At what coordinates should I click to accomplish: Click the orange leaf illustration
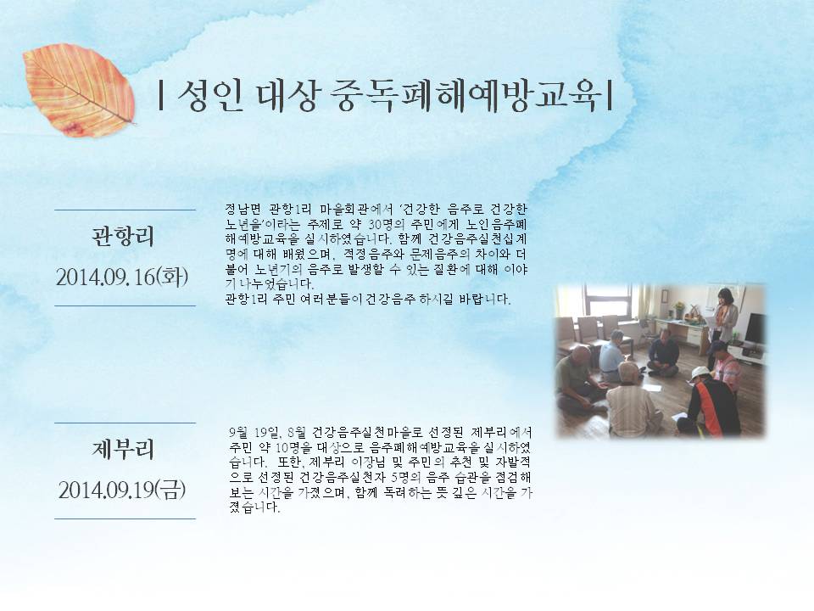coord(79,91)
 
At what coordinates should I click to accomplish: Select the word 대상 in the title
coord(287,97)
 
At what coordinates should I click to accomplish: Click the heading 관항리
coord(124,236)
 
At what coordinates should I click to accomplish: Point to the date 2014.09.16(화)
coord(122,277)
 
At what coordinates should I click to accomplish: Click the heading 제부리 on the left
coord(124,449)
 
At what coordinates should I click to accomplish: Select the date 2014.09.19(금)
coord(122,490)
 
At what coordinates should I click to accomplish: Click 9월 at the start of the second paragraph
coord(238,433)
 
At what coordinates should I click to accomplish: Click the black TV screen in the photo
coord(755,328)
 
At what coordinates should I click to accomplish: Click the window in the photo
coord(608,300)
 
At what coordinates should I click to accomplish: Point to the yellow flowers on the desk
coord(679,308)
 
